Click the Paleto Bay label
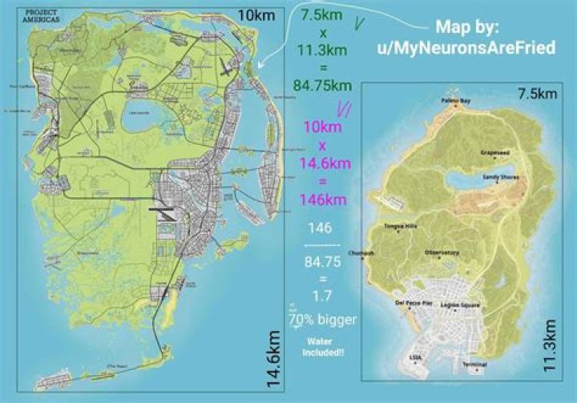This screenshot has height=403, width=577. [454, 101]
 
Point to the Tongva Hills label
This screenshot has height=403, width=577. [401, 227]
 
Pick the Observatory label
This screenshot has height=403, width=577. [442, 252]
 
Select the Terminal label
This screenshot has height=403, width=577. [474, 365]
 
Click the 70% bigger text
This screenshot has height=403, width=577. [324, 320]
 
